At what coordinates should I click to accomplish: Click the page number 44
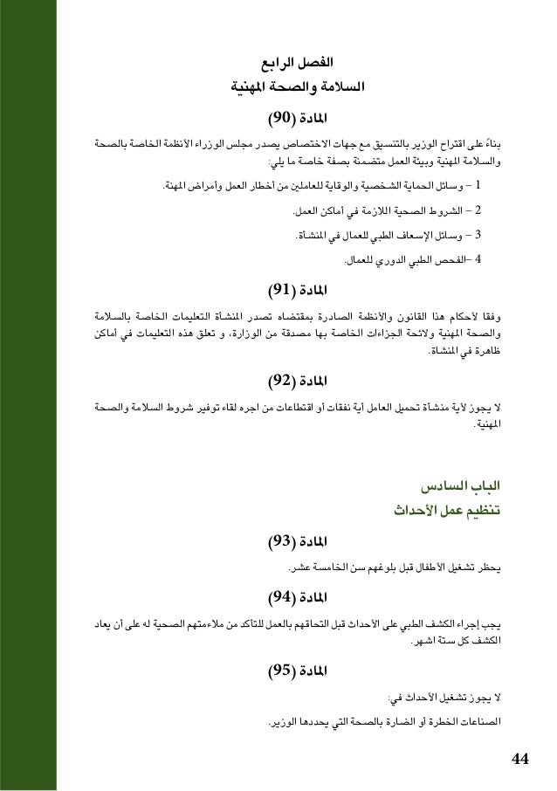pos(520,756)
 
